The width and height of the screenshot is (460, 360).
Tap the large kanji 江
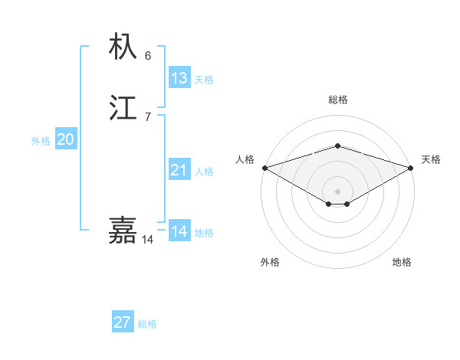click(x=123, y=108)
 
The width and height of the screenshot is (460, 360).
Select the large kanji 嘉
click(x=123, y=230)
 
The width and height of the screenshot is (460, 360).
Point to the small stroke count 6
click(x=148, y=56)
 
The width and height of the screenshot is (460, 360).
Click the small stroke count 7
click(x=148, y=116)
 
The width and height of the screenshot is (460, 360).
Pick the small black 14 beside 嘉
click(x=147, y=240)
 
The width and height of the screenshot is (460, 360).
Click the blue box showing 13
click(x=179, y=78)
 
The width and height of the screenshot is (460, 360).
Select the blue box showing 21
click(x=179, y=170)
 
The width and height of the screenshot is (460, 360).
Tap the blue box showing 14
click(x=179, y=231)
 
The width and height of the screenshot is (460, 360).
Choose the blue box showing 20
click(x=66, y=139)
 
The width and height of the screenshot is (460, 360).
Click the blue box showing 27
click(x=123, y=322)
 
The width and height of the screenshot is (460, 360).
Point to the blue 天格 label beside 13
click(x=204, y=80)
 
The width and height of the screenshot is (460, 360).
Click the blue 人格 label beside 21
click(x=204, y=172)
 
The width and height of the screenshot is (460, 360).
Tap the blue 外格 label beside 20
click(x=41, y=141)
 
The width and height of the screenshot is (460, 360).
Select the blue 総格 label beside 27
click(x=147, y=324)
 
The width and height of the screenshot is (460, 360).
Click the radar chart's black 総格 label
click(x=337, y=100)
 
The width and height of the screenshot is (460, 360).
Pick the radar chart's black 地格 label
click(x=402, y=262)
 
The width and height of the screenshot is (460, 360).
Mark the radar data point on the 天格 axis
click(x=412, y=168)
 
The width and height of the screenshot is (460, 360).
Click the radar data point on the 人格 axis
click(x=264, y=168)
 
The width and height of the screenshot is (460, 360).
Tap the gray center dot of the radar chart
click(x=337, y=191)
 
